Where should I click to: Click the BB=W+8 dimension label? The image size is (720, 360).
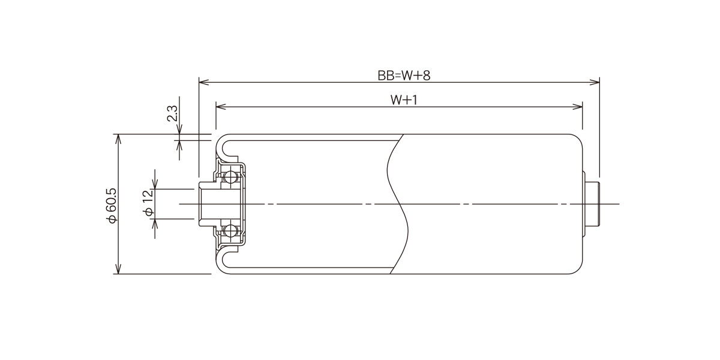[404, 76]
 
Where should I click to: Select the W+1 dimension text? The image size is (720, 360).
[404, 100]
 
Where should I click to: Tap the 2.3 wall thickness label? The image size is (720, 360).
[173, 113]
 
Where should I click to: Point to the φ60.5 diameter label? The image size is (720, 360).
[113, 205]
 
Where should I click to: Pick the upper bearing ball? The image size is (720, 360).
[231, 176]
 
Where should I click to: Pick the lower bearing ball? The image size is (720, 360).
[231, 231]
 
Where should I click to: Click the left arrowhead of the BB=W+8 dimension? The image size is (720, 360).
[204, 82]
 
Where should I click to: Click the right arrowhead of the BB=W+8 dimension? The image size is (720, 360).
[595, 82]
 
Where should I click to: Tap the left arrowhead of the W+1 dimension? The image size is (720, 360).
[221, 106]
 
